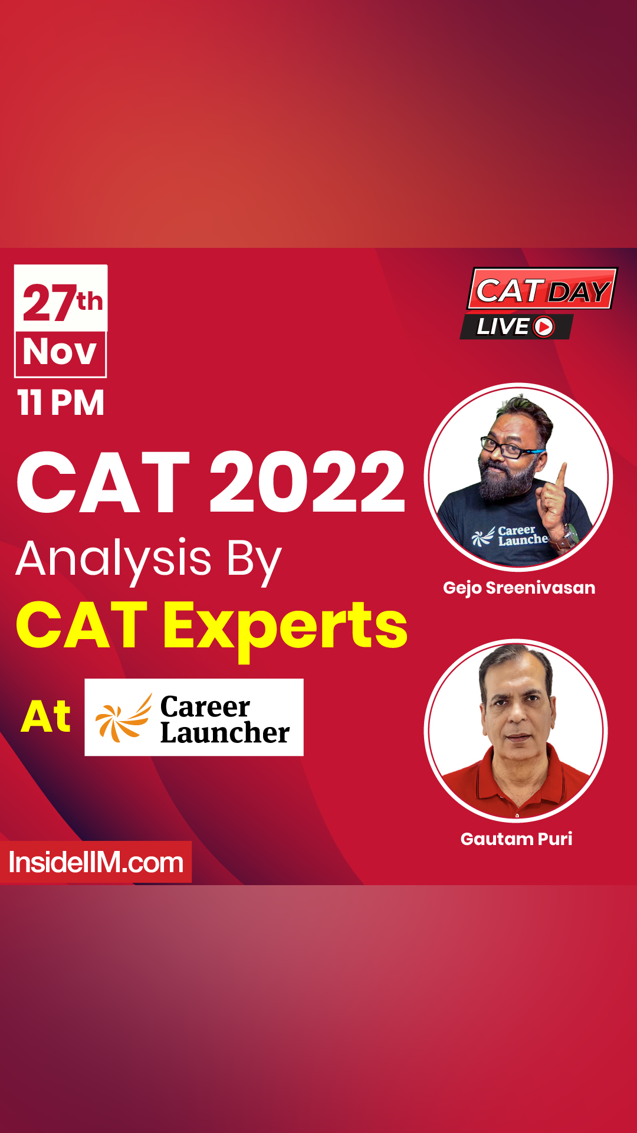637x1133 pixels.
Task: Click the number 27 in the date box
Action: click(x=49, y=303)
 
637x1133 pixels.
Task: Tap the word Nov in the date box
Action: click(x=60, y=353)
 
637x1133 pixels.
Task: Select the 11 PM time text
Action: click(x=61, y=403)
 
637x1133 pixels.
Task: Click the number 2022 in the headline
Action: click(x=307, y=482)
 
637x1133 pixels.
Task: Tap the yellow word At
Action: click(x=46, y=717)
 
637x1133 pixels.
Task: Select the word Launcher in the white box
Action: click(x=225, y=733)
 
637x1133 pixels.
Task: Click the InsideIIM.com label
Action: click(x=96, y=863)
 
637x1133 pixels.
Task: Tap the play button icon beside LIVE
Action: click(x=544, y=326)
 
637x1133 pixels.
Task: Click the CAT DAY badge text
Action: click(x=542, y=291)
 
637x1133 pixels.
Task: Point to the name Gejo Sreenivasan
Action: click(x=519, y=588)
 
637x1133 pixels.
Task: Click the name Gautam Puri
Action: click(x=516, y=839)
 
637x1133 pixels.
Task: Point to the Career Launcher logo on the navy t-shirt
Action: click(x=511, y=536)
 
